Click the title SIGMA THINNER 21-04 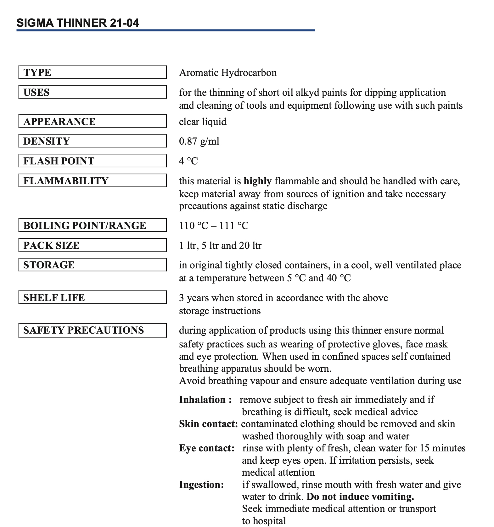click(x=77, y=23)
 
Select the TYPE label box click(x=93, y=72)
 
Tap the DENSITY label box click(x=93, y=141)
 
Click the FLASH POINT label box click(x=93, y=161)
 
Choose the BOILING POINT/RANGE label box click(x=93, y=225)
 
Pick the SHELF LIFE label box click(x=93, y=297)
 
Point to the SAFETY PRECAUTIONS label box click(x=93, y=330)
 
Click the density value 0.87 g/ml click(x=199, y=141)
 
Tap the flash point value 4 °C click(x=188, y=161)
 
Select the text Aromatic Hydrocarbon click(x=228, y=73)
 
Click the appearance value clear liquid click(x=203, y=122)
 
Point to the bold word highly click(x=257, y=181)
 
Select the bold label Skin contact click(x=208, y=424)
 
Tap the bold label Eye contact click(x=207, y=448)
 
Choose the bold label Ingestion click(x=201, y=484)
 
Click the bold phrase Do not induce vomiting click(x=360, y=497)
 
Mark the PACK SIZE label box click(x=93, y=245)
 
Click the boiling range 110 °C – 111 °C click(x=214, y=226)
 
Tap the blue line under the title click(x=166, y=30)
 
